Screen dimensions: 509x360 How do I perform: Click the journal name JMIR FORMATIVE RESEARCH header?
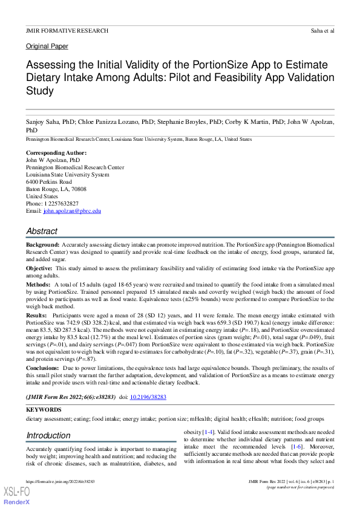67,30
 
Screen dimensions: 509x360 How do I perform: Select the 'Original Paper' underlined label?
47,47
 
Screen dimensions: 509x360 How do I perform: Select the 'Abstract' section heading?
42,231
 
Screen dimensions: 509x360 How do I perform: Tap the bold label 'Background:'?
42,244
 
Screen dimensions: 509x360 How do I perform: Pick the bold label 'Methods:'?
38,284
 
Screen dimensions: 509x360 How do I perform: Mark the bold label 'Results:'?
36,316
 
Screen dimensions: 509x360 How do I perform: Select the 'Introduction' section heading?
48,435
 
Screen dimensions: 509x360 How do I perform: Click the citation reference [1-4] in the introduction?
208,432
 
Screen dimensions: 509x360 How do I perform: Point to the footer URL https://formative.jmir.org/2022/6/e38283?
60,481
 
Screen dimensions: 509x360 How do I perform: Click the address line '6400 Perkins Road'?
49,182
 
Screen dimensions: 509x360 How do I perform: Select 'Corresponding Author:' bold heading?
56,153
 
